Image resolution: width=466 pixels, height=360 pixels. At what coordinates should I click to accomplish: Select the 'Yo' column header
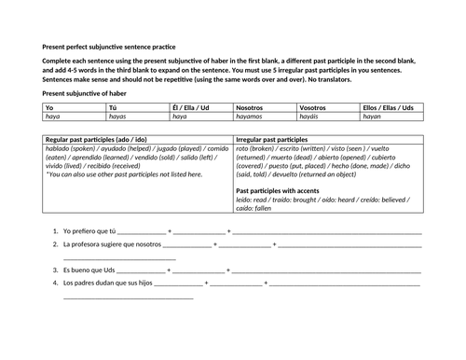point(49,108)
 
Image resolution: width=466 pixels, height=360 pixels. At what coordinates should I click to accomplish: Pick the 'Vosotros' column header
point(314,108)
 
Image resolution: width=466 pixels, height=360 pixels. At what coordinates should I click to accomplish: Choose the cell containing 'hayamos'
point(249,118)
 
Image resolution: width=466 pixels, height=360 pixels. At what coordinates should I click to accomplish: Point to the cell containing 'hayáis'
point(310,118)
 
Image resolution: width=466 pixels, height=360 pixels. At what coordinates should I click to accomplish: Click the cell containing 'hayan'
point(372,118)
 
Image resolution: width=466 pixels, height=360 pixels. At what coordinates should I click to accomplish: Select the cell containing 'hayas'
point(117,118)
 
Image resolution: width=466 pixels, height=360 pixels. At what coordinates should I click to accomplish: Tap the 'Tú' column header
point(113,108)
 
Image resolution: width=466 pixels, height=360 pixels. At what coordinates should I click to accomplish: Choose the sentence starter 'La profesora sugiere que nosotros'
point(113,244)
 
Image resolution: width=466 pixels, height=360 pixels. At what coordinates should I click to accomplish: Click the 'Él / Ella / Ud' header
point(191,108)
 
